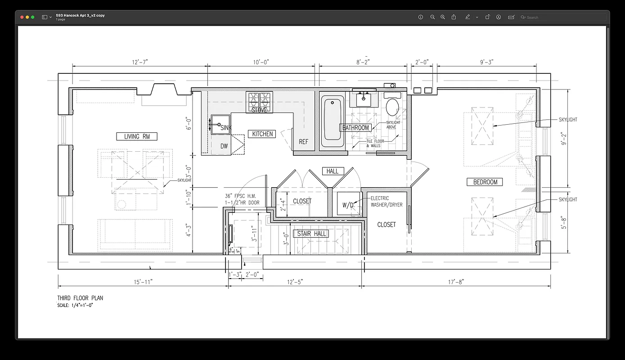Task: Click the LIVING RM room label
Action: [x=137, y=136]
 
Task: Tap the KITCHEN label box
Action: [x=262, y=134]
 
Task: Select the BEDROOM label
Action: [x=485, y=182]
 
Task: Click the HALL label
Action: [x=333, y=171]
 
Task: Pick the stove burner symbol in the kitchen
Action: [x=260, y=99]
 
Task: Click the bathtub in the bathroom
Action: [x=332, y=121]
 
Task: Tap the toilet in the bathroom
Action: [x=393, y=107]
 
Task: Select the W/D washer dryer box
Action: [x=349, y=204]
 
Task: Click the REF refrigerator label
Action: [x=304, y=142]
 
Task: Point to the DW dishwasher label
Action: [x=224, y=146]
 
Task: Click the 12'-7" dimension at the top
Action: [x=139, y=62]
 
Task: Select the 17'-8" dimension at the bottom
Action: [x=456, y=282]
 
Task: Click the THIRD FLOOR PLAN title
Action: [x=80, y=298]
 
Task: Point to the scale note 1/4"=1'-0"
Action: [x=75, y=305]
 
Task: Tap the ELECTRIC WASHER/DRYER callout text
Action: [x=387, y=202]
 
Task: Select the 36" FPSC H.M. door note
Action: [x=240, y=199]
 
